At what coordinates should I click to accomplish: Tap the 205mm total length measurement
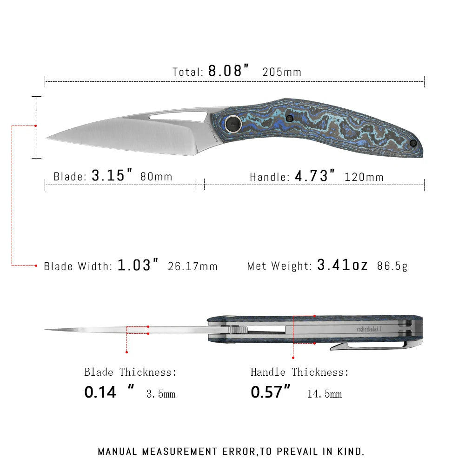(x=282, y=72)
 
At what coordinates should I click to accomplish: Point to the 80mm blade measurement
(x=156, y=177)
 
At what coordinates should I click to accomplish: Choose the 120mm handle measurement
(x=364, y=177)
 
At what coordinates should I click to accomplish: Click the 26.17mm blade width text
(x=193, y=266)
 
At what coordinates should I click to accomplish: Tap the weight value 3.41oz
(x=342, y=265)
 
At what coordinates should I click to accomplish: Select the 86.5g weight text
(x=392, y=266)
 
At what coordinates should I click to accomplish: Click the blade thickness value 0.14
(x=100, y=392)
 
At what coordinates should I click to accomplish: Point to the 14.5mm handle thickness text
(x=324, y=394)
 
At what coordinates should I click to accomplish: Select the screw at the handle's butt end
(x=412, y=143)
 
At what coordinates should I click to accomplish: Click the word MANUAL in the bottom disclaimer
(x=118, y=452)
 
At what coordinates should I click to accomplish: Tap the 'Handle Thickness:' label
(x=299, y=372)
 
